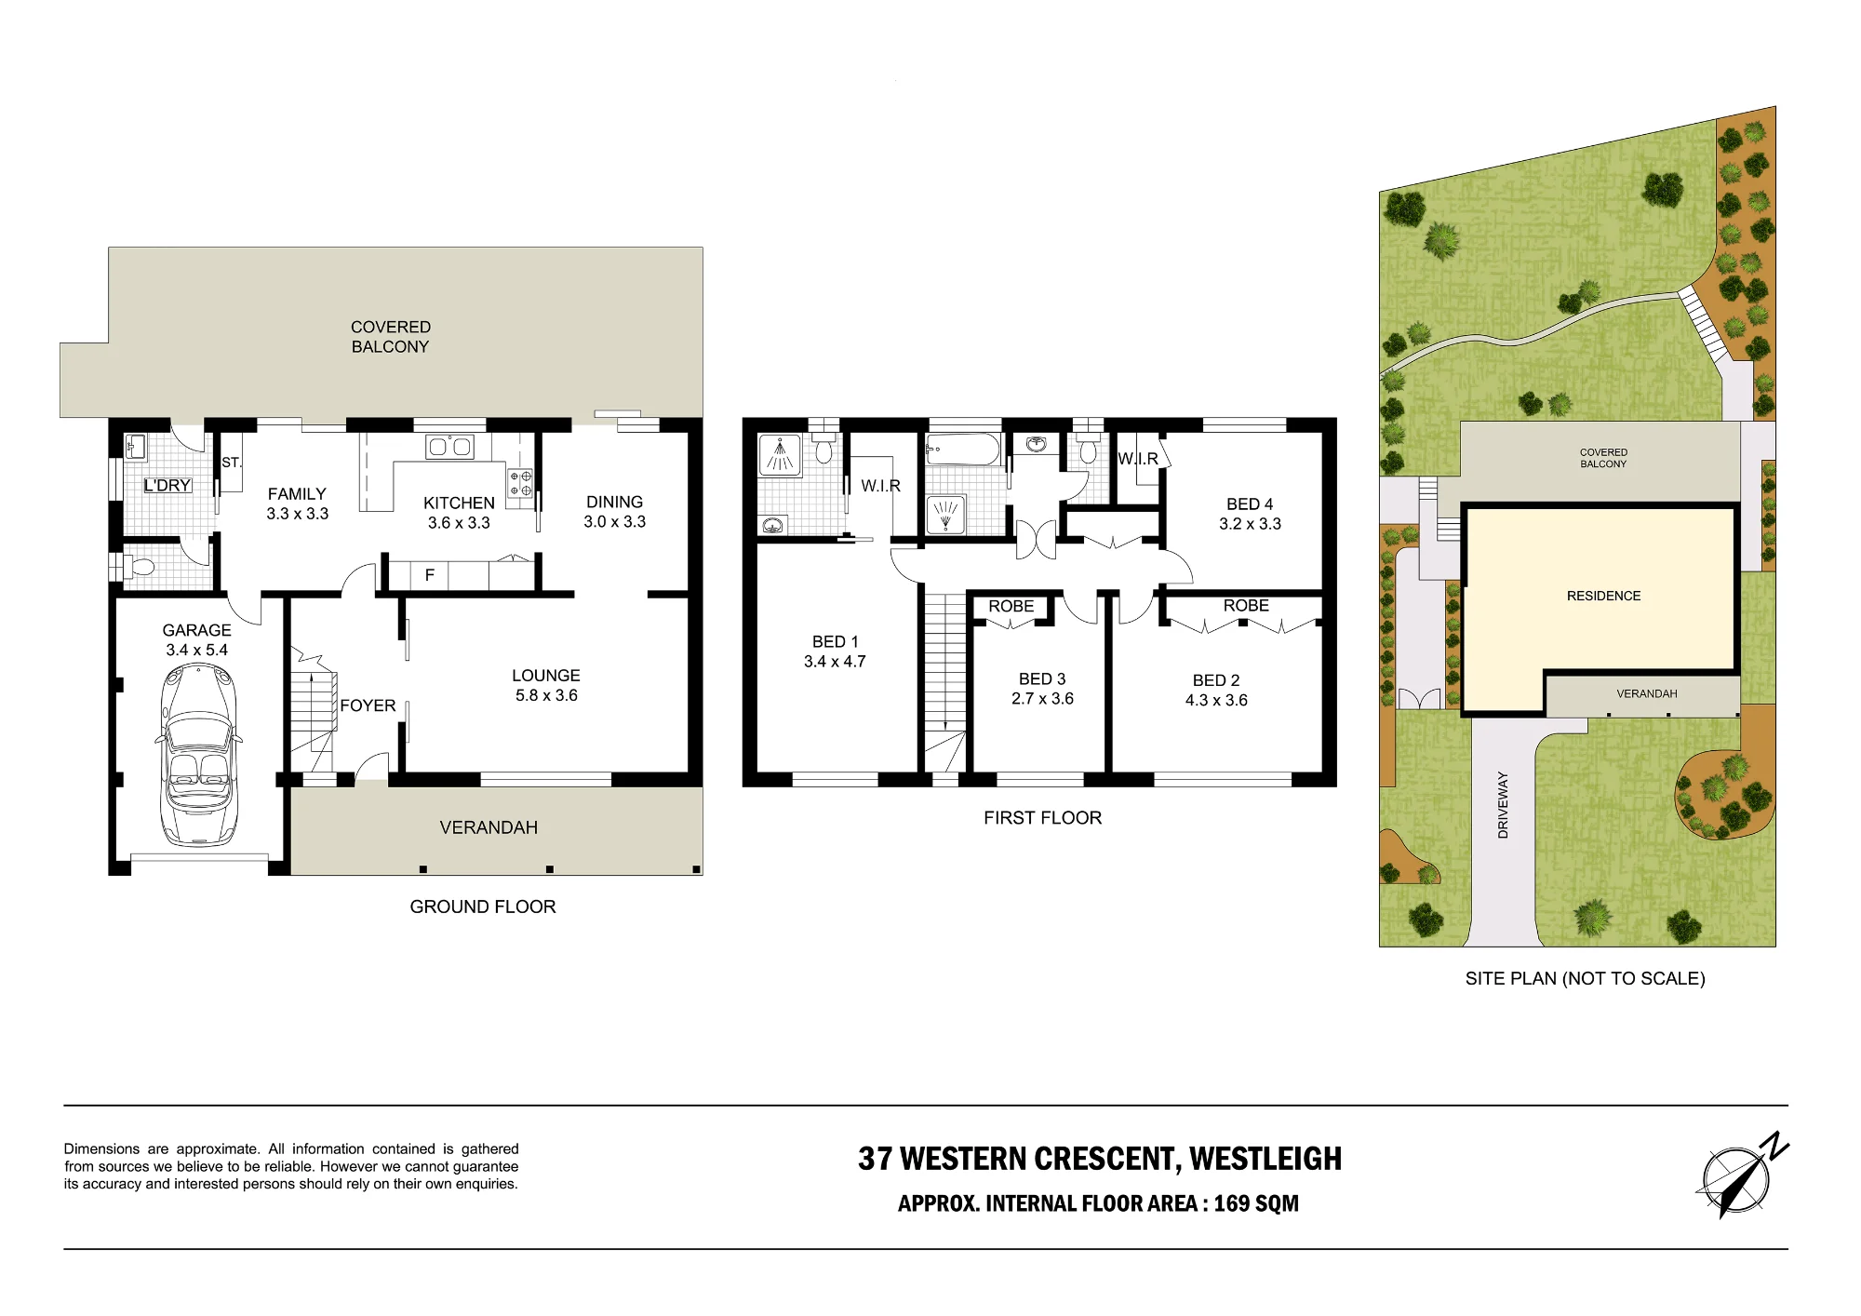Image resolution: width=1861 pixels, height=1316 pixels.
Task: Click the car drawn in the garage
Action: pyautogui.click(x=198, y=754)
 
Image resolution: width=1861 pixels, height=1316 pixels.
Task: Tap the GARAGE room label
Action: pyautogui.click(x=197, y=631)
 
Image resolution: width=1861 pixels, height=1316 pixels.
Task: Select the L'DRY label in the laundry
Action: pyautogui.click(x=167, y=485)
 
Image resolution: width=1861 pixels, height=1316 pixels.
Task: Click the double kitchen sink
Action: pyautogui.click(x=449, y=447)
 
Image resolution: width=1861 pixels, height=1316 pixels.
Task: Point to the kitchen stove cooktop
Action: pyautogui.click(x=520, y=483)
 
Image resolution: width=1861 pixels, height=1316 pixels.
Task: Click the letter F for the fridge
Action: pyautogui.click(x=430, y=575)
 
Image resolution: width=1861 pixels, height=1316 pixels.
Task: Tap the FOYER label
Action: pyautogui.click(x=368, y=705)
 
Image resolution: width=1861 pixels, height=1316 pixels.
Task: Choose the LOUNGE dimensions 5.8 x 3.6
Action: pyautogui.click(x=546, y=695)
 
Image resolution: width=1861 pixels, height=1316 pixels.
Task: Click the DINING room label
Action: pyautogui.click(x=614, y=502)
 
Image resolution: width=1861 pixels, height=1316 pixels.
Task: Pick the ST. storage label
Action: pyautogui.click(x=232, y=463)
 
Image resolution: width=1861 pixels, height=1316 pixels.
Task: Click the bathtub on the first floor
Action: pyautogui.click(x=963, y=450)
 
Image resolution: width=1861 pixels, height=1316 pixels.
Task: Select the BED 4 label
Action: pyautogui.click(x=1250, y=504)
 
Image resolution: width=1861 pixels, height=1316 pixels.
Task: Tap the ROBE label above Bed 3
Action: pyautogui.click(x=1011, y=606)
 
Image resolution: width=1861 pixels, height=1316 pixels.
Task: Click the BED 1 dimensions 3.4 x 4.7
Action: pyautogui.click(x=835, y=662)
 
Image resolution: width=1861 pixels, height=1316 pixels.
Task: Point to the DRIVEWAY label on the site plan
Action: pyautogui.click(x=1503, y=805)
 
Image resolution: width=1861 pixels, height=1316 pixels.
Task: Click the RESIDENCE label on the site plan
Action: pyautogui.click(x=1603, y=596)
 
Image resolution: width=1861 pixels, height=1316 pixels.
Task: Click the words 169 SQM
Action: pyautogui.click(x=1256, y=1203)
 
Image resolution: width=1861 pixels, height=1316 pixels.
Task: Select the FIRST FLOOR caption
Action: pyautogui.click(x=1042, y=818)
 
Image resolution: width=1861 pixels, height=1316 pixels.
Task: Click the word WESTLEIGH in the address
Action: pyautogui.click(x=1265, y=1159)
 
